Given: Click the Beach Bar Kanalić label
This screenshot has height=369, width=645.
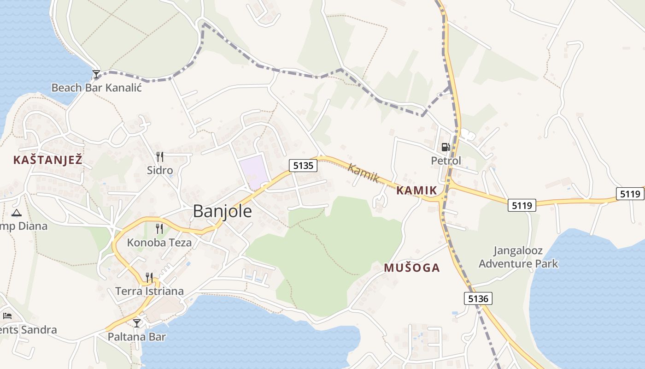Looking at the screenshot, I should (96, 87).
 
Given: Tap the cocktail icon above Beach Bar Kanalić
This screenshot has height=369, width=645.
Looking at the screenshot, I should (96, 74).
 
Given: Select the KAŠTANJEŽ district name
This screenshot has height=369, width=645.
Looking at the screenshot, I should (48, 160).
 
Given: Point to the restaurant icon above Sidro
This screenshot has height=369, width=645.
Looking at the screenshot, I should (159, 157).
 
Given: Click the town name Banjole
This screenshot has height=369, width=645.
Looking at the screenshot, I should (223, 211).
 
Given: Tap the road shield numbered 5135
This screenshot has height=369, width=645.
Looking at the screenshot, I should (303, 166).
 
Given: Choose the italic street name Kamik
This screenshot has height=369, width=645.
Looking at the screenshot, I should (364, 173).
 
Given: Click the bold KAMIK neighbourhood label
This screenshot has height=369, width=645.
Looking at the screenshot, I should (416, 190).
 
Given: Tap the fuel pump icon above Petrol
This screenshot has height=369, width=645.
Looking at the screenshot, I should (446, 147).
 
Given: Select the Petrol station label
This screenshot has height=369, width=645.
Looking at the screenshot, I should (446, 161).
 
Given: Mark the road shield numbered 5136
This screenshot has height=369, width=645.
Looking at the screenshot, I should (478, 298).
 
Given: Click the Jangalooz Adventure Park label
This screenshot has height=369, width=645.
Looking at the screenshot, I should (518, 257).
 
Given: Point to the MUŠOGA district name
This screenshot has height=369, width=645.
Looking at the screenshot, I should (412, 268).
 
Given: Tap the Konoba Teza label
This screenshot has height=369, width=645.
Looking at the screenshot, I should (159, 242).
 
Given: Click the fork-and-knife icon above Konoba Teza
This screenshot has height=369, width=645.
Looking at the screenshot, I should (159, 228).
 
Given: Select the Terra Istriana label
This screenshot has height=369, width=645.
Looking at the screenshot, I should (150, 291).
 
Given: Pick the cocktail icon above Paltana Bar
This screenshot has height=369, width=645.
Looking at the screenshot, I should (137, 323).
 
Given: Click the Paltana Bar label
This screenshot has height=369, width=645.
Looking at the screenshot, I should (136, 337).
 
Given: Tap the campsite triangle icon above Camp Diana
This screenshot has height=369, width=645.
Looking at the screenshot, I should (17, 213).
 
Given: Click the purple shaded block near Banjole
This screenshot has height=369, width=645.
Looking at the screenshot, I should (253, 172).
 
